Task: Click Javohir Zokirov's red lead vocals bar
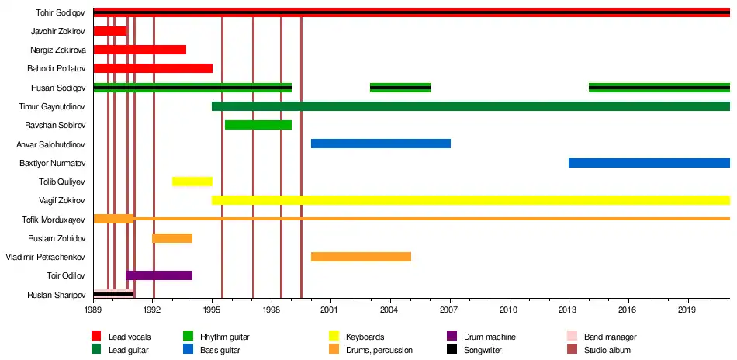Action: (110, 31)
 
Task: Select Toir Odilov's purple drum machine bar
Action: (159, 275)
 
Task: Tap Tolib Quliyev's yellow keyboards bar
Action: (192, 182)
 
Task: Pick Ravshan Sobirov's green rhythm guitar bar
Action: (258, 125)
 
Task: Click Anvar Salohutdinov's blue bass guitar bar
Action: (381, 144)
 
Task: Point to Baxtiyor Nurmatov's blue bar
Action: (649, 163)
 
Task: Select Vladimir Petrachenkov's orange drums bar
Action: (361, 257)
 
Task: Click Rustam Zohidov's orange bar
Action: (172, 238)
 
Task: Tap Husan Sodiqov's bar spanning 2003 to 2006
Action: (400, 88)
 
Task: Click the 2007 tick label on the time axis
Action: (449, 310)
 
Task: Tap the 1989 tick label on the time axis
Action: (93, 310)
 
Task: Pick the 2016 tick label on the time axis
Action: (628, 310)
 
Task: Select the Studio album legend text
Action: (607, 350)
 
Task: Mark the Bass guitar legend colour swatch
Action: (188, 349)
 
